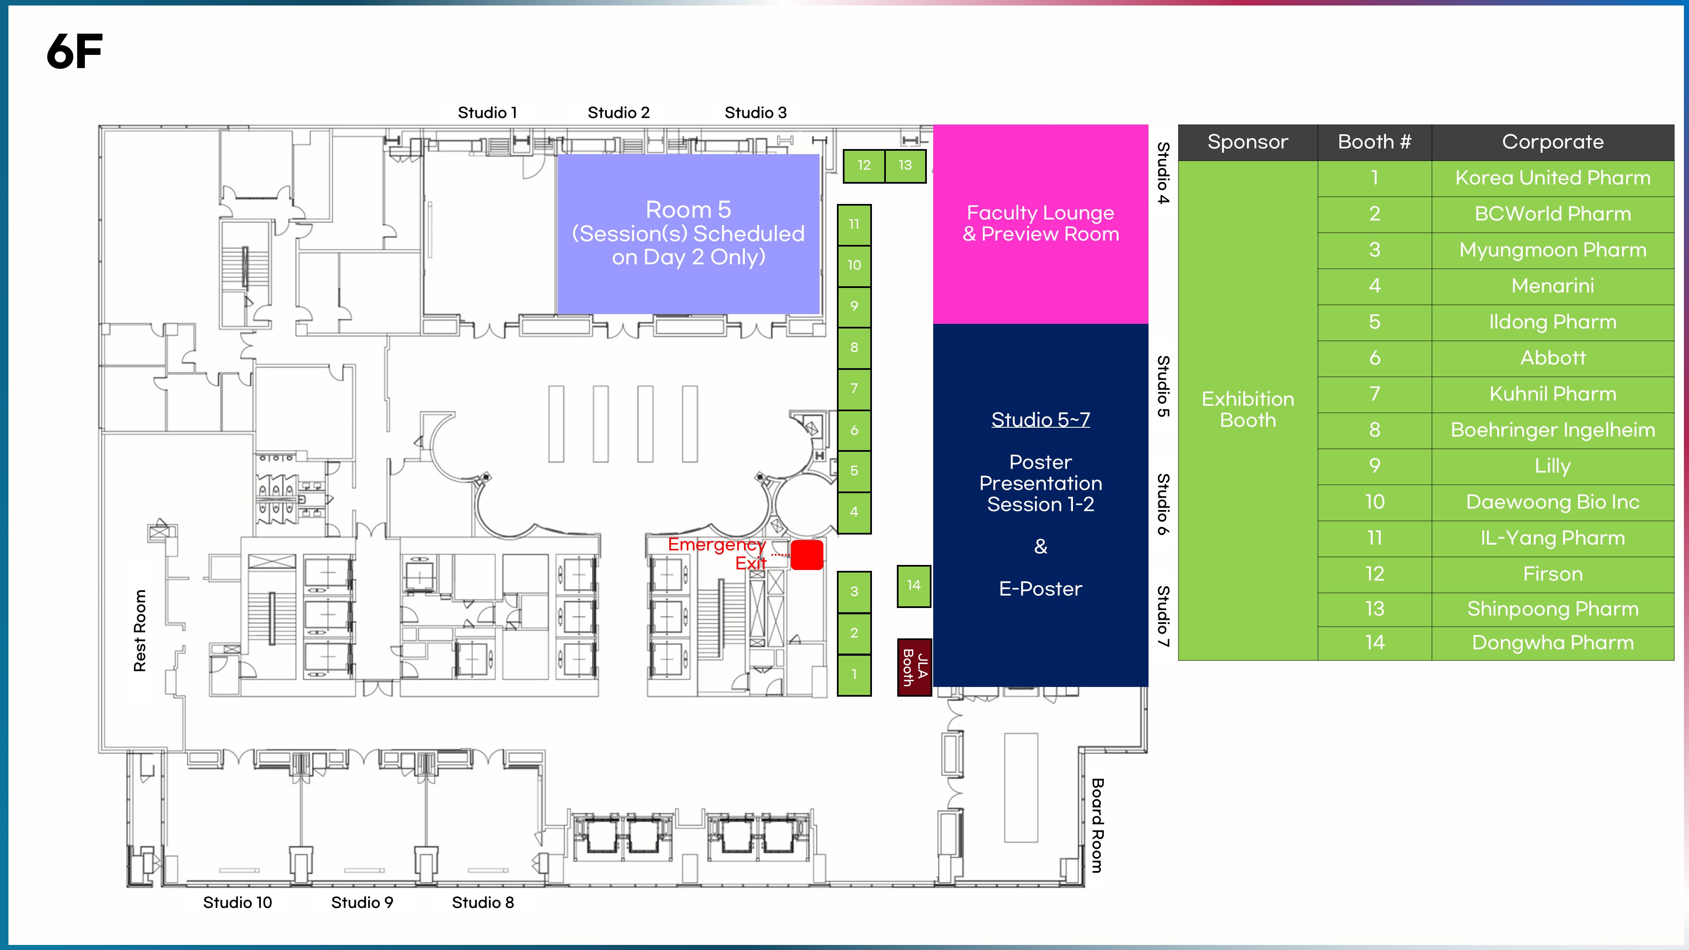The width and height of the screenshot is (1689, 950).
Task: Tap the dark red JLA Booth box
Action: [x=915, y=667]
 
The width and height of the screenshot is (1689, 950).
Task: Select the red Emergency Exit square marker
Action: [x=807, y=555]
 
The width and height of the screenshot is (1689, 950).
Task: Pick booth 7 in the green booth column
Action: [x=854, y=389]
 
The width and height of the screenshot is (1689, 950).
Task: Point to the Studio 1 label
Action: [x=487, y=113]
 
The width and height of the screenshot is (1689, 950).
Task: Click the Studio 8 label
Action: [x=483, y=902]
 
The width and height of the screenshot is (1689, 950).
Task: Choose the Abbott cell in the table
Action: [x=1553, y=358]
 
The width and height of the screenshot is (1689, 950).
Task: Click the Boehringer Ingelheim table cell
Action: [x=1553, y=430]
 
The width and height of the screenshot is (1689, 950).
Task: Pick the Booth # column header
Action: [x=1374, y=142]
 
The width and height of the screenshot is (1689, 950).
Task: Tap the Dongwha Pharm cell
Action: [x=1553, y=643]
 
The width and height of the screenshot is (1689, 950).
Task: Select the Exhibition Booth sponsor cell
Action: [x=1248, y=410]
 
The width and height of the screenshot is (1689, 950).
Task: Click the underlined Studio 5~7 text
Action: [x=1040, y=420]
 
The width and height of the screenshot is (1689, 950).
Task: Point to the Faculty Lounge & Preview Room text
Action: [x=1040, y=224]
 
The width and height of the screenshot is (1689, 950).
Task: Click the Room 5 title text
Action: [x=688, y=210]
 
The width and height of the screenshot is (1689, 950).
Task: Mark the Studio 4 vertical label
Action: [x=1163, y=173]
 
